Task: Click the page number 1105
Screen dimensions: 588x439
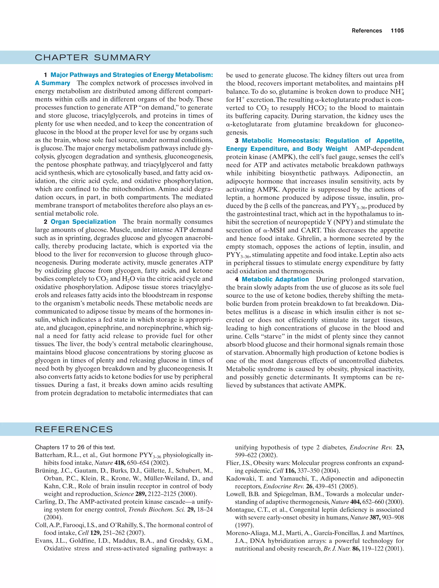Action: [x=397, y=31]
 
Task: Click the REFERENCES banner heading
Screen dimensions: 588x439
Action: [x=74, y=429]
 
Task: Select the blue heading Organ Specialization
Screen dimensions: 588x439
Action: [x=83, y=222]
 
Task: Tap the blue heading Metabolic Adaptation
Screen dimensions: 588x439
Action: [x=275, y=279]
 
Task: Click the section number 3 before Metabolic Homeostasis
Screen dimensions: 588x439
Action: [x=236, y=141]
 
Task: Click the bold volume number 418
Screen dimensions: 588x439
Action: [x=119, y=463]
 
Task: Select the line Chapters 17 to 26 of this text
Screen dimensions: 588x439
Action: [x=75, y=447]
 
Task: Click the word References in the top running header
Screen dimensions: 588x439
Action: [x=367, y=31]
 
